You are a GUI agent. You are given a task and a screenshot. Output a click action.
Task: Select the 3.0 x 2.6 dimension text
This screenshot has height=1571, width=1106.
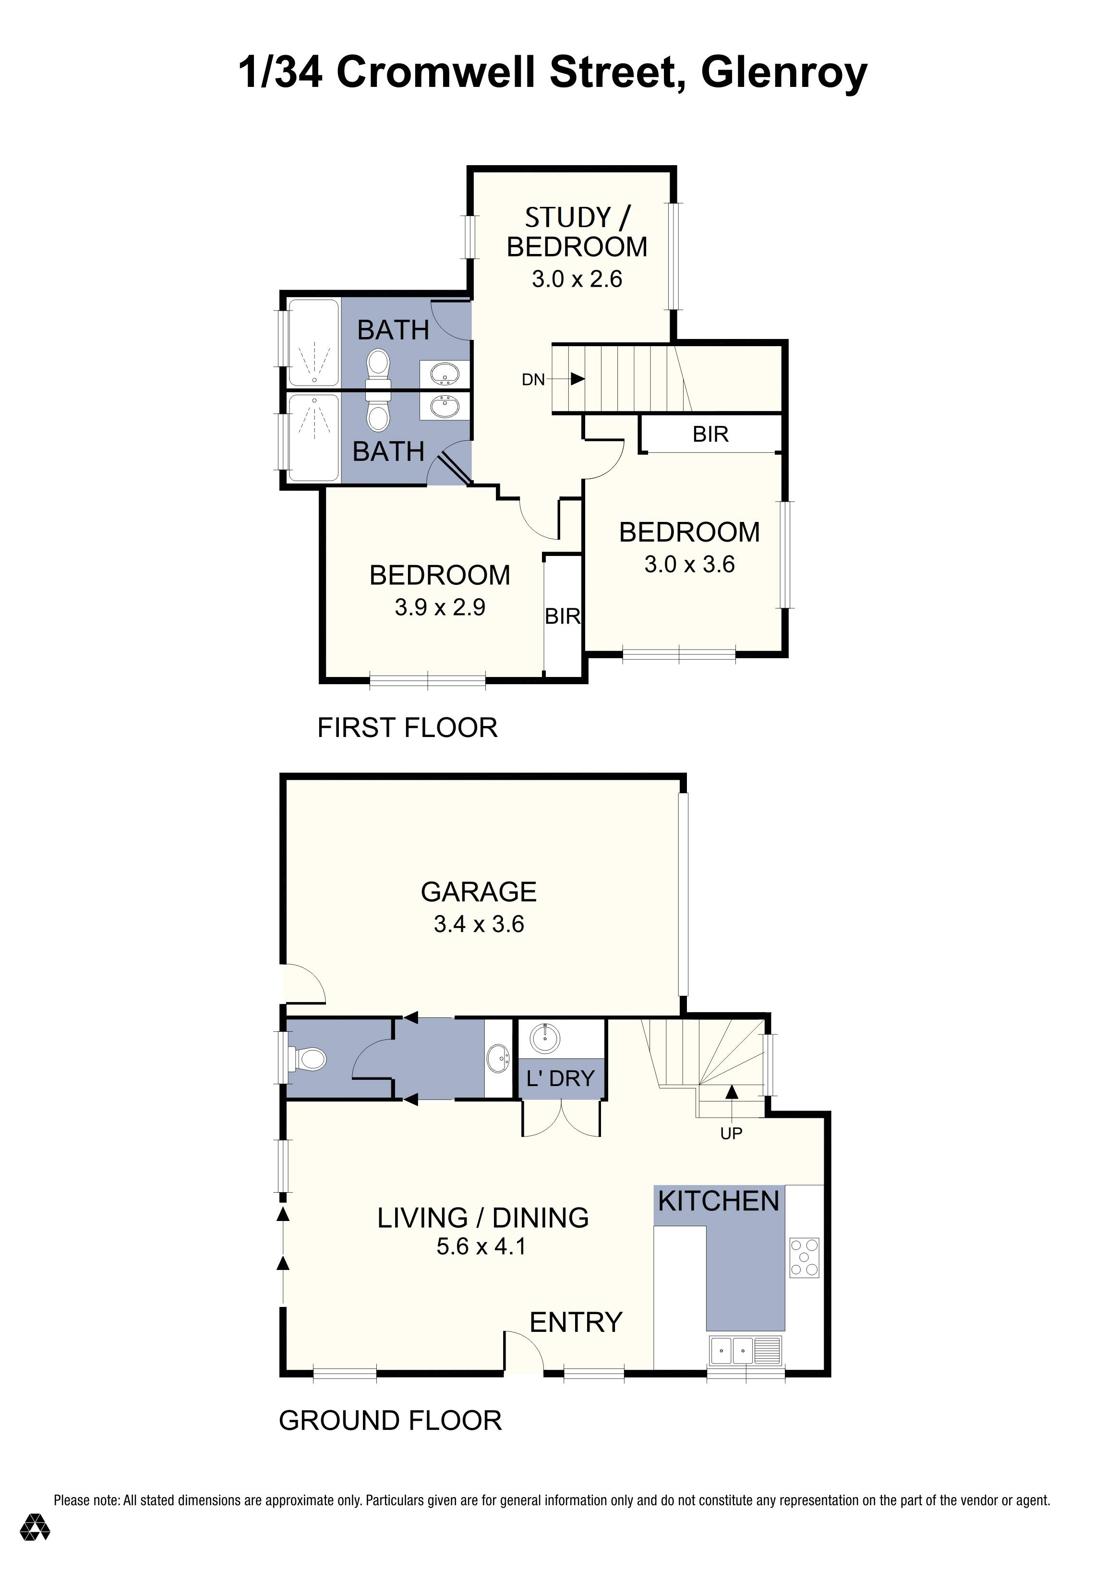click(577, 279)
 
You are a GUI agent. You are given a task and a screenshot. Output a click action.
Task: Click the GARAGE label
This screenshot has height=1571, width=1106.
click(478, 892)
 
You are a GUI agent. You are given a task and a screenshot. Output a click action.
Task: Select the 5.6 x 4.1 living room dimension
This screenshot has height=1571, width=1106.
click(481, 1247)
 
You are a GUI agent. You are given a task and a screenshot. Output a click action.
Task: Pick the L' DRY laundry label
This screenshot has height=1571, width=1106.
click(560, 1079)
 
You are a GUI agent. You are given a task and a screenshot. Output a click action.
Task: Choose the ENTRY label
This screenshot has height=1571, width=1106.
click(576, 1323)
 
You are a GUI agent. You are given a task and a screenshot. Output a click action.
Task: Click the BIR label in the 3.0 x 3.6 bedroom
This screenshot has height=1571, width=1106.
click(710, 435)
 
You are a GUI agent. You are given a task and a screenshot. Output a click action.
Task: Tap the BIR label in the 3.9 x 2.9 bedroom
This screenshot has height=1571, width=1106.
click(562, 616)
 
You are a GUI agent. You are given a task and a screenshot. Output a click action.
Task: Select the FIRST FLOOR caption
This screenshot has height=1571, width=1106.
click(407, 727)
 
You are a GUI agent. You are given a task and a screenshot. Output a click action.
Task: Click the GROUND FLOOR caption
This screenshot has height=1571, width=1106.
click(390, 1421)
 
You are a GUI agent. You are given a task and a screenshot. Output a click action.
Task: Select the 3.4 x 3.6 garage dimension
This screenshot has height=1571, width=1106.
click(478, 924)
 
